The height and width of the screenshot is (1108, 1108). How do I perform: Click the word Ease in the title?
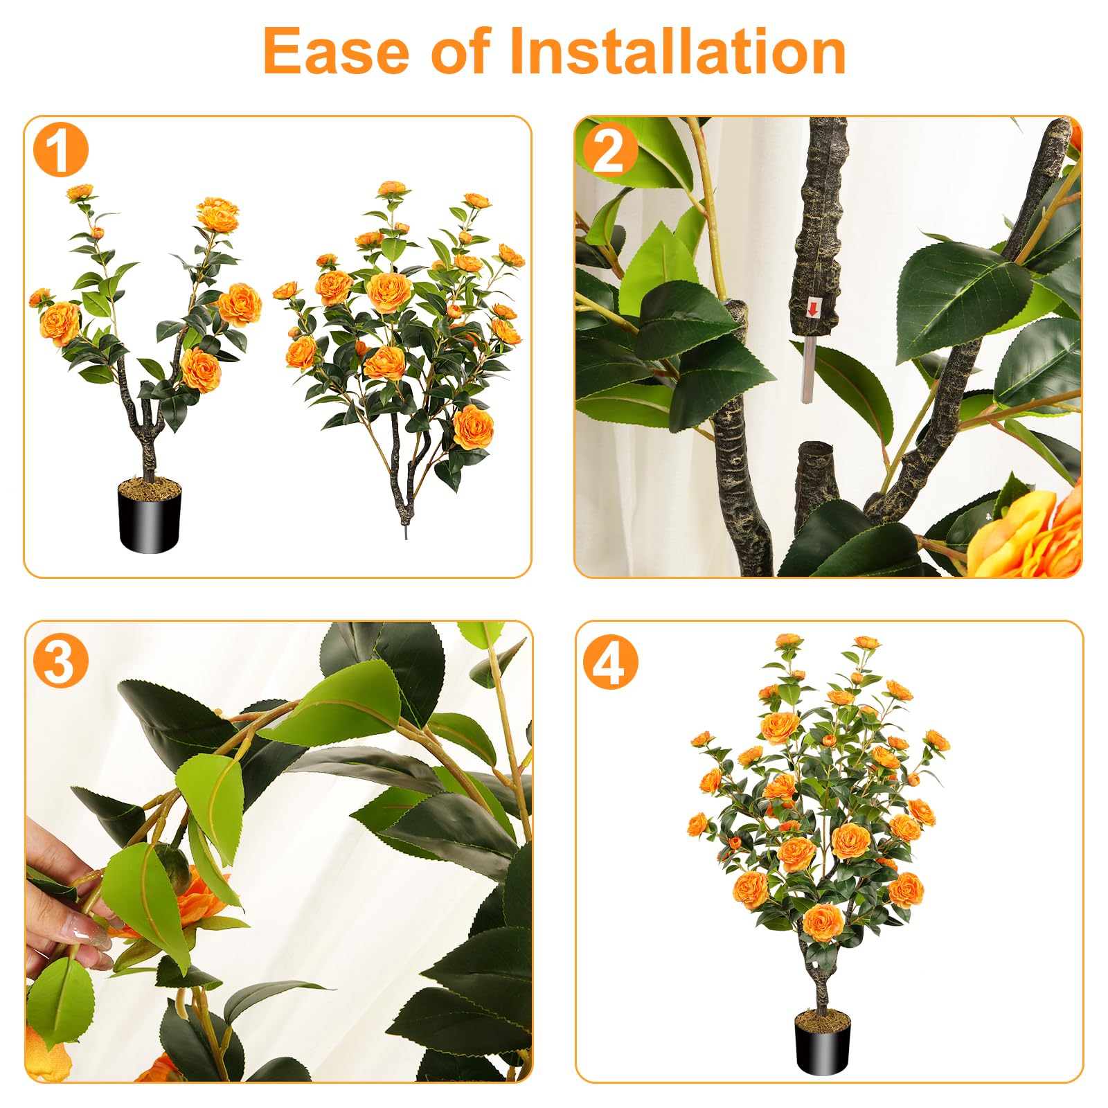[337, 51]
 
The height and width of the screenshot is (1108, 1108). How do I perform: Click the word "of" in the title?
[461, 51]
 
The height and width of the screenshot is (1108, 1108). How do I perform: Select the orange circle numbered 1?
[61, 150]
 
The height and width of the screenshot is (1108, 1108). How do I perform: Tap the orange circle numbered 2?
[609, 150]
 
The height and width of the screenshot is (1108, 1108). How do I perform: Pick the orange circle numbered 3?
[61, 661]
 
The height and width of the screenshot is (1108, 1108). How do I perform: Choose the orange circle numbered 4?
[609, 662]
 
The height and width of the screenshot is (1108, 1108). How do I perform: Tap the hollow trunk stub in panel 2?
[816, 478]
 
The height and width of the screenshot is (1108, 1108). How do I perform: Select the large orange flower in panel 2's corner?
[1032, 533]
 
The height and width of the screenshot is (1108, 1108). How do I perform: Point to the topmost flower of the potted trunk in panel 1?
[80, 191]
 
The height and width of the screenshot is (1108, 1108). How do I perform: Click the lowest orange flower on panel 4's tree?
[823, 921]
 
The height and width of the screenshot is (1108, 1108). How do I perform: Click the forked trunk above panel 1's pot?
[147, 422]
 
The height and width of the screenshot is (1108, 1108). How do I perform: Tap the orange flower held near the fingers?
[201, 900]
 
